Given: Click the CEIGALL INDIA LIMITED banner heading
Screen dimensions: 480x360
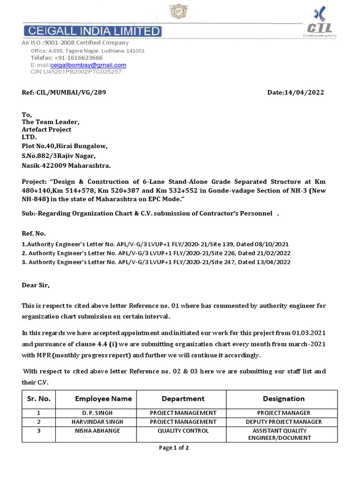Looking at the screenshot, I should [x=92, y=31].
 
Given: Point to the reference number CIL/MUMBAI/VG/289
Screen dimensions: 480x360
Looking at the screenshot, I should [x=64, y=92].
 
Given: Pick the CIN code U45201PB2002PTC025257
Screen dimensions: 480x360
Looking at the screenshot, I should [x=76, y=72].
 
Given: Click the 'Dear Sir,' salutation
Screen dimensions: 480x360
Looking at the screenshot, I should [x=35, y=285].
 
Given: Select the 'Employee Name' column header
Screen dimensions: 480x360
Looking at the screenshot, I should [x=103, y=399].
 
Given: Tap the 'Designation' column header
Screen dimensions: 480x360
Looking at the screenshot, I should [x=284, y=399].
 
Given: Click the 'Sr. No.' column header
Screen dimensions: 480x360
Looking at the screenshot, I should [x=38, y=399].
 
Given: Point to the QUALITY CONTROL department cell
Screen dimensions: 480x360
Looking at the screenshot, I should [x=183, y=431].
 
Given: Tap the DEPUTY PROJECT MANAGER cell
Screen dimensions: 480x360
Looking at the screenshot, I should [x=284, y=422].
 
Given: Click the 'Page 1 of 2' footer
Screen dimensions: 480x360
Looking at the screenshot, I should [x=174, y=448].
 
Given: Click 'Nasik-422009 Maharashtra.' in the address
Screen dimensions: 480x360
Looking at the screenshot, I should [x=67, y=165].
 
